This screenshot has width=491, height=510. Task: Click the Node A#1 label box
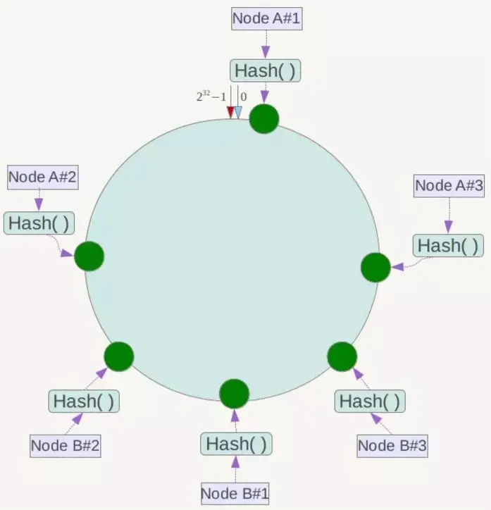click(266, 19)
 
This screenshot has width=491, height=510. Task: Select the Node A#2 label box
click(42, 178)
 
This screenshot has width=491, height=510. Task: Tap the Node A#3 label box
click(449, 186)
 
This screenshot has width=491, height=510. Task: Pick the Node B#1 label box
click(235, 492)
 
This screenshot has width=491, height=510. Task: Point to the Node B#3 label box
click(392, 445)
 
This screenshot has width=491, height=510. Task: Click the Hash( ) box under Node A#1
click(265, 70)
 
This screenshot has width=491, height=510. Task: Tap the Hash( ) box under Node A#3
click(448, 245)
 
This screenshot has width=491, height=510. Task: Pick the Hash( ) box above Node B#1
click(236, 444)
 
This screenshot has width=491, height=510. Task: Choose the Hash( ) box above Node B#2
click(84, 402)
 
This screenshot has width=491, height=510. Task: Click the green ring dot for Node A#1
click(264, 118)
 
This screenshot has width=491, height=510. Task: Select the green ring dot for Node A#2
click(89, 256)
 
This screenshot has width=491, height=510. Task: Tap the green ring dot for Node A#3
click(375, 268)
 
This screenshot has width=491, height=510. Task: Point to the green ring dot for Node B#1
click(235, 394)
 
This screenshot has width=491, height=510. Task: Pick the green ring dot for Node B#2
click(119, 356)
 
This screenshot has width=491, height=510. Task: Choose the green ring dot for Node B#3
click(342, 356)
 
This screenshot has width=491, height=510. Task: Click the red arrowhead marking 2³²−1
click(230, 112)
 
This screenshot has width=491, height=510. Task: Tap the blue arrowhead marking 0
click(238, 112)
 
